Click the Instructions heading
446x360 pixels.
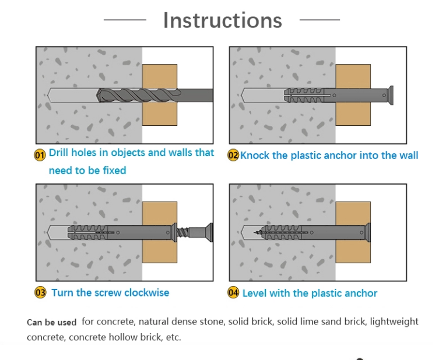coord(222,20)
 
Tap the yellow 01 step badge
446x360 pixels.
coord(40,155)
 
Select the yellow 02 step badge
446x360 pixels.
coord(233,156)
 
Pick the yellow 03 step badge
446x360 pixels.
coord(40,292)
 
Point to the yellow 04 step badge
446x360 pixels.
coord(233,293)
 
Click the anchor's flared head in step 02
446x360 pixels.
coord(391,95)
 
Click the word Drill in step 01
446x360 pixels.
coord(61,153)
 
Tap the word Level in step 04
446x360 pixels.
coord(254,293)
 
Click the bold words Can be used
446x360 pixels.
coord(51,322)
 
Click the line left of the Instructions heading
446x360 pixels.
coord(125,20)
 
